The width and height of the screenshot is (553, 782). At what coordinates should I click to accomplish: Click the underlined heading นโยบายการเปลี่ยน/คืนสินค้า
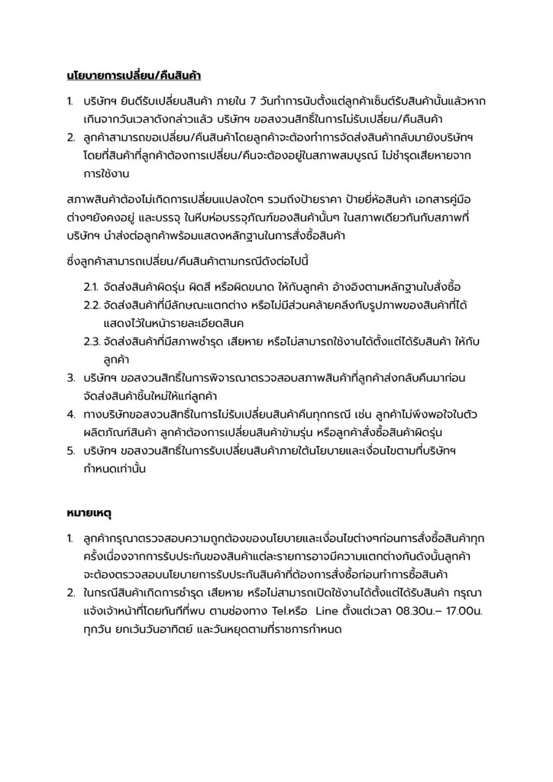[134, 76]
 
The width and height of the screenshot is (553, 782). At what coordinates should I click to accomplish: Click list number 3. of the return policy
[70, 378]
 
